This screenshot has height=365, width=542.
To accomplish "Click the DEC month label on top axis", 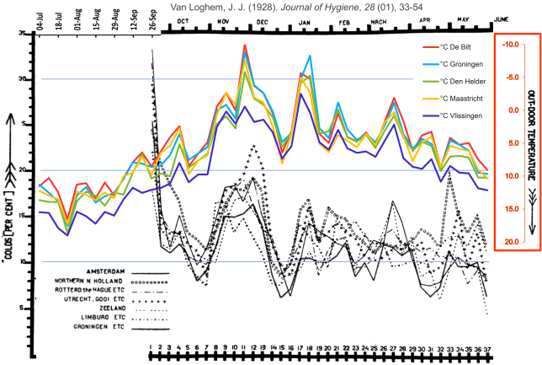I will pyautogui.click(x=262, y=21).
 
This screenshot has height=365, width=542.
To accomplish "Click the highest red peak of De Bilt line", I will pyautogui.click(x=244, y=45).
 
